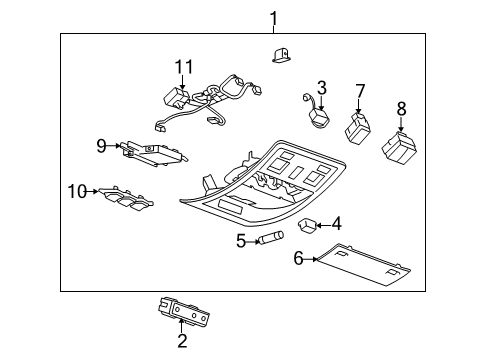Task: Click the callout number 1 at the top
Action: tap(273, 17)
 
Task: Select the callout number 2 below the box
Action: tap(182, 341)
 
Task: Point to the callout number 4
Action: tap(337, 223)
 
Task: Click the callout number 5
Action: tap(241, 240)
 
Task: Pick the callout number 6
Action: tap(298, 258)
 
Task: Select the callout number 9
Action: tap(101, 146)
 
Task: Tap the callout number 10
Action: tap(77, 189)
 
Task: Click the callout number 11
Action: tap(181, 66)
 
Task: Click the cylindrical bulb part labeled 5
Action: tap(273, 238)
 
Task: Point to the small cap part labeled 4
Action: tap(309, 224)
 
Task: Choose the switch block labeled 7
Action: tap(358, 127)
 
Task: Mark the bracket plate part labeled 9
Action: tap(153, 150)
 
